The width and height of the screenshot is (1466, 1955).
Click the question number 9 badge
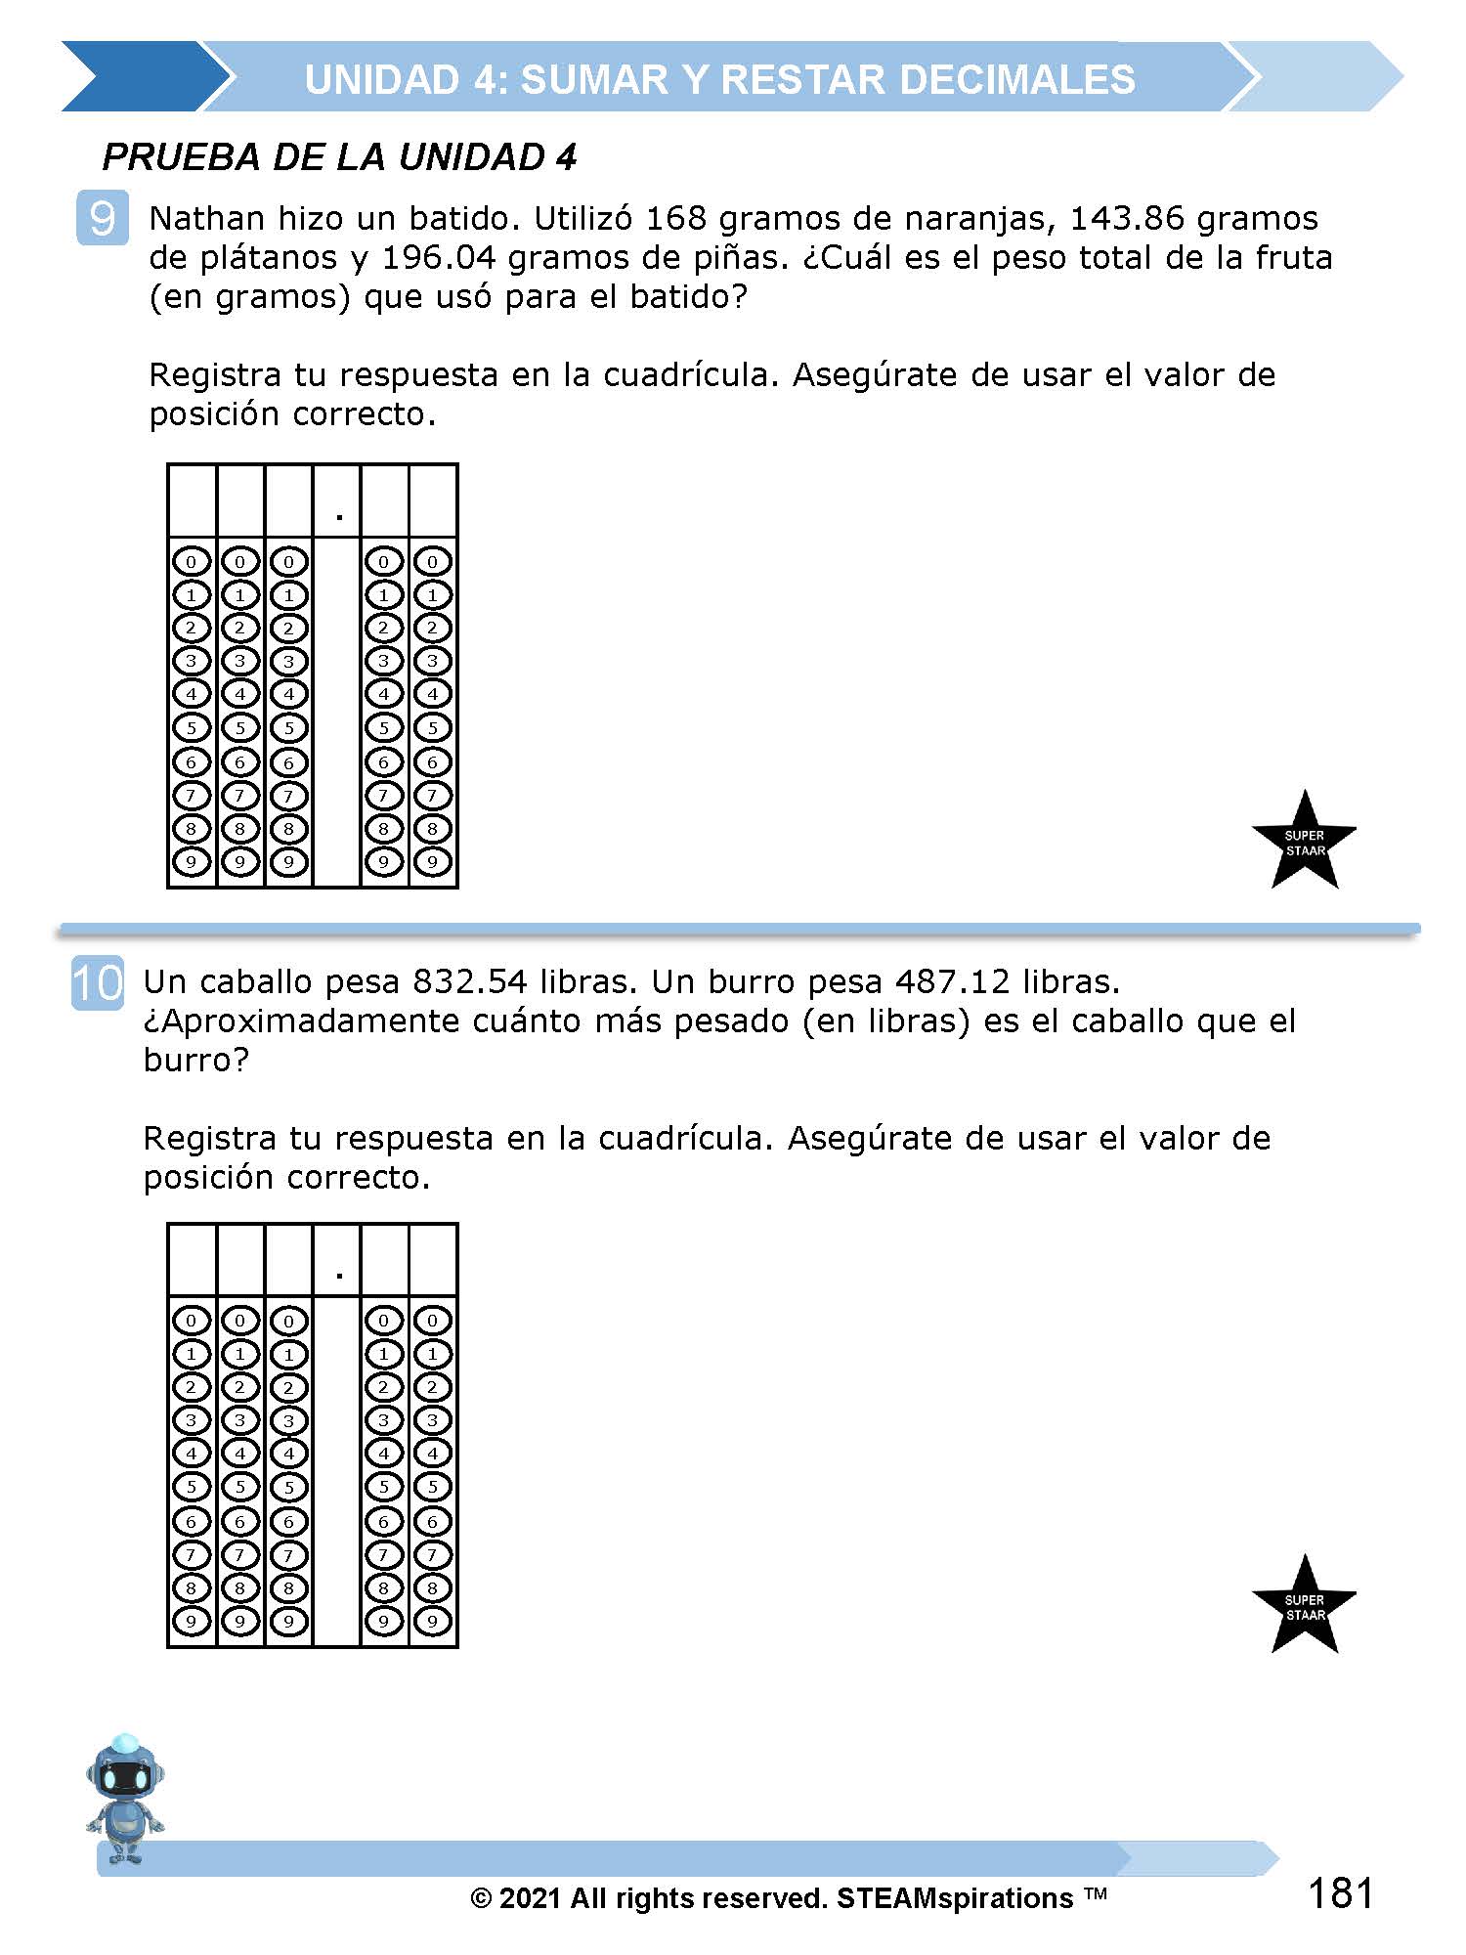pos(102,218)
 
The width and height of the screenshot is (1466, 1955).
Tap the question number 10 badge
pos(98,982)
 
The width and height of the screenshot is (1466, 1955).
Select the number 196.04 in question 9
pos(439,257)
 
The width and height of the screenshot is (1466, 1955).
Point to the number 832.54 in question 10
pos(470,981)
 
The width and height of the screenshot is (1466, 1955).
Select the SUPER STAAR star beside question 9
pos(1304,842)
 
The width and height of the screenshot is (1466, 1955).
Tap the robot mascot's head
pos(125,1770)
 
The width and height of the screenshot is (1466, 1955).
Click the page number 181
pos(1340,1893)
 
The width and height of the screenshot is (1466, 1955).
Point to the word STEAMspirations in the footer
pos(955,1898)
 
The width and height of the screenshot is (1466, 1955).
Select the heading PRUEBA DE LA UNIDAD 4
pos(339,157)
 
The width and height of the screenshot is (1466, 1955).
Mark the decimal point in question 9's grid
pos(338,515)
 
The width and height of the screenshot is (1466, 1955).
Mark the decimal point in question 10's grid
pos(338,1275)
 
